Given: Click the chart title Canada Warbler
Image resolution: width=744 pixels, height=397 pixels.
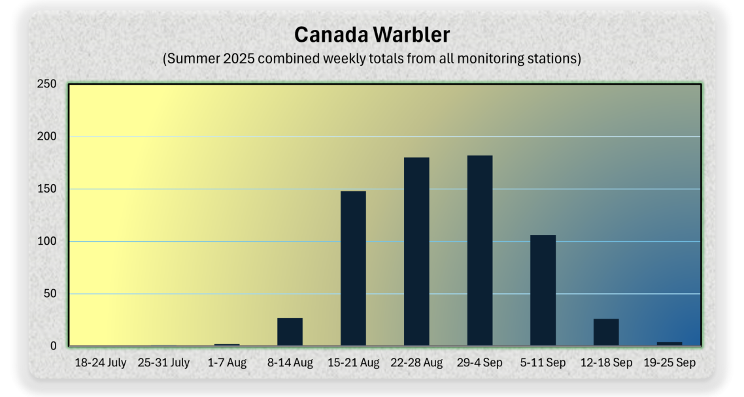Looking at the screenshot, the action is [372, 35].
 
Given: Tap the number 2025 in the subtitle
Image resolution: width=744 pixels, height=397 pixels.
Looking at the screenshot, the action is [239, 58].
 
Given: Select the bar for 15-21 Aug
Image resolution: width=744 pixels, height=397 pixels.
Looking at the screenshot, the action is [353, 268].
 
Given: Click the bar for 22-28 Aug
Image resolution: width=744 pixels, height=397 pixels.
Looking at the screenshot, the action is [416, 251].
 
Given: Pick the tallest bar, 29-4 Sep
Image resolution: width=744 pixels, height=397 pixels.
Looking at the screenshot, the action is [480, 251].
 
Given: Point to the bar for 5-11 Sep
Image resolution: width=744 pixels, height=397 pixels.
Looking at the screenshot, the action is [543, 291].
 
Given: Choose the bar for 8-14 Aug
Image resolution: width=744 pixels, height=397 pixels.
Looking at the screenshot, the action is [290, 332].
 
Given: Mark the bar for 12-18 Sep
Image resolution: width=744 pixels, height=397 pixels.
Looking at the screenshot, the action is [606, 332].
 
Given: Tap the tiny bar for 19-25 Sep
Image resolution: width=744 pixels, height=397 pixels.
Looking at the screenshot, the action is [669, 344].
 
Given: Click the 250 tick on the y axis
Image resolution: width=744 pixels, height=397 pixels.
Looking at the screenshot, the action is [46, 84].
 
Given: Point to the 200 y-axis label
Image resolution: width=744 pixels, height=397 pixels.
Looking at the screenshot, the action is [46, 136].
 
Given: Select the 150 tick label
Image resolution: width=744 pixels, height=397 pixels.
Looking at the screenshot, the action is [46, 189].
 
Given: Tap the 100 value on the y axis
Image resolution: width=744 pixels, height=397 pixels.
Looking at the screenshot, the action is [46, 241].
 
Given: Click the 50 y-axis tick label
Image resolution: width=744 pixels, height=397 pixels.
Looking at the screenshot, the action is [50, 294].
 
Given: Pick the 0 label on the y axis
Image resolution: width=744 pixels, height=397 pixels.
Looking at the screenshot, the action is [53, 346].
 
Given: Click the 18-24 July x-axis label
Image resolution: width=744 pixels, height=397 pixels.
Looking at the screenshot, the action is [101, 363].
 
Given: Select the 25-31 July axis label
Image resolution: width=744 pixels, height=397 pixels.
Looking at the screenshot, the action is [163, 363].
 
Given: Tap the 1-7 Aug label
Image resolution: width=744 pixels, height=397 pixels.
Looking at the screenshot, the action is [227, 363].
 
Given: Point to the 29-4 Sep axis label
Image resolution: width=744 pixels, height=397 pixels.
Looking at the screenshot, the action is [480, 363].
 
